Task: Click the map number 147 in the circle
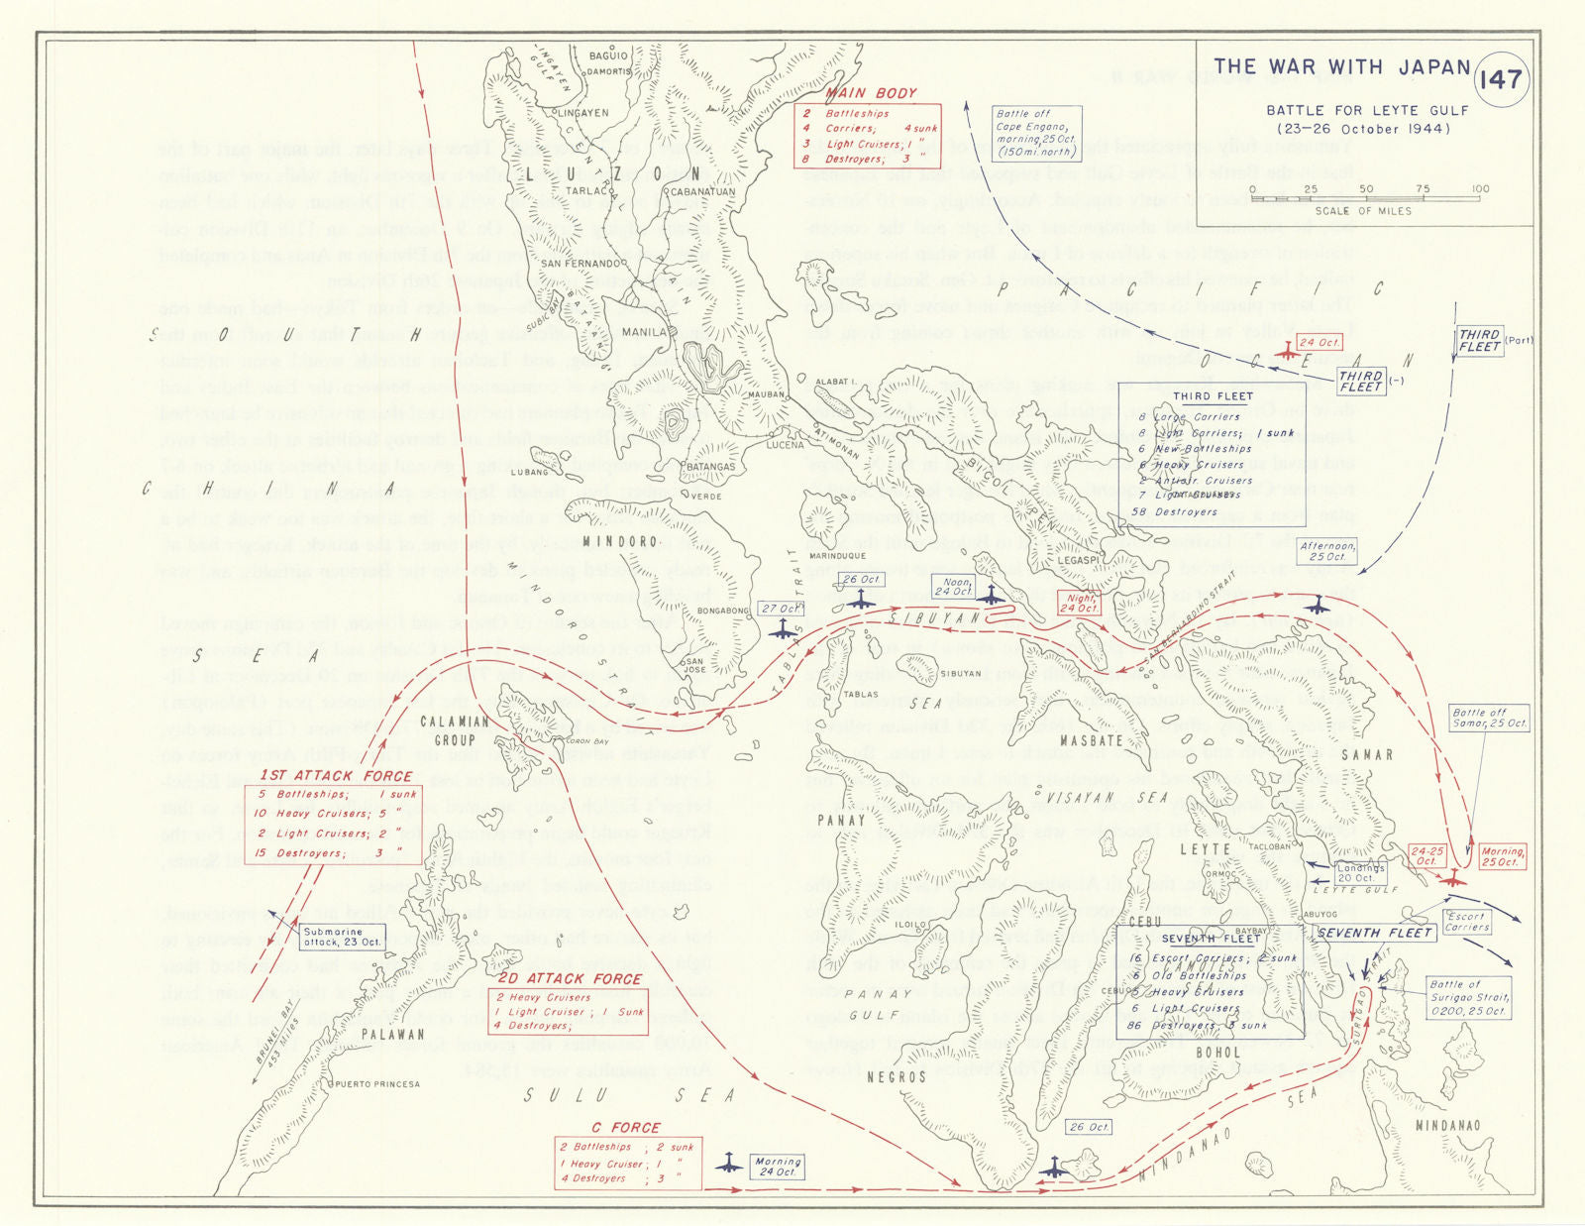[x=1500, y=79]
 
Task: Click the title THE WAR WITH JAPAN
[x=1341, y=67]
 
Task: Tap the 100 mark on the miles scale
[x=1480, y=189]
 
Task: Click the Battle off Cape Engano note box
[x=1036, y=134]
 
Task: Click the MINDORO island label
[x=619, y=541]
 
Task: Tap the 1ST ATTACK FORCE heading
[x=337, y=776]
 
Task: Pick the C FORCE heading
[x=625, y=1127]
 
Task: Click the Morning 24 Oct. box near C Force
[x=778, y=1167]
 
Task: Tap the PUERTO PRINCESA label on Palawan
[x=377, y=1084]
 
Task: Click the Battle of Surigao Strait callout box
[x=1468, y=998]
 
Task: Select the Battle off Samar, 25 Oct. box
[x=1489, y=719]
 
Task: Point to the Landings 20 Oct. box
[x=1359, y=873]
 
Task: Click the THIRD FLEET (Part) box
[x=1479, y=341]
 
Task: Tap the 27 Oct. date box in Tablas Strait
[x=782, y=609]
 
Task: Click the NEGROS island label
[x=896, y=1076]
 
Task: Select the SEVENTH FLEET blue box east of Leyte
[x=1375, y=933]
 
